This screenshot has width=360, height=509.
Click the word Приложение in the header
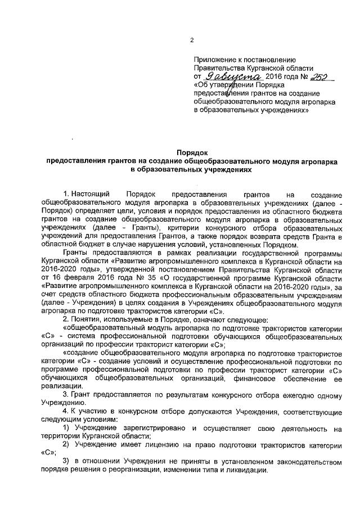pyautogui.click(x=215, y=58)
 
